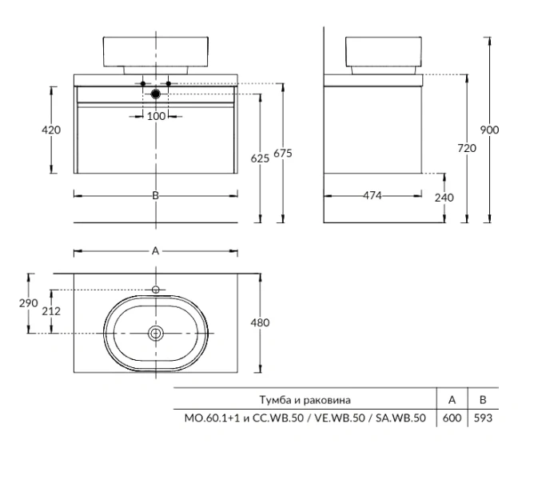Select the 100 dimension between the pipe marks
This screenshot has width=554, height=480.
(156, 117)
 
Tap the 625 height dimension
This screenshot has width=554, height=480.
(260, 158)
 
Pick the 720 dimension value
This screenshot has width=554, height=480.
(466, 148)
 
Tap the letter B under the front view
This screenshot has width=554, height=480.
(156, 195)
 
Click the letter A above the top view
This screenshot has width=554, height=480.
(156, 251)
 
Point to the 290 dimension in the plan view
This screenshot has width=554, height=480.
(30, 302)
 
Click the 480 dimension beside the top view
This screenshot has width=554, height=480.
(260, 322)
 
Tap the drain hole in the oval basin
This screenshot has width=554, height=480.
(157, 332)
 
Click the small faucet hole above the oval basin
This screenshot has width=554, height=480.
(157, 289)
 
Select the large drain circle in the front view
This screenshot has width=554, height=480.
(156, 94)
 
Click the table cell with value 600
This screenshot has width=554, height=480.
(452, 418)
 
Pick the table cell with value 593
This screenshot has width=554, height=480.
(482, 418)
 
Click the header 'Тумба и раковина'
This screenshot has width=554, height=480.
(305, 399)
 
